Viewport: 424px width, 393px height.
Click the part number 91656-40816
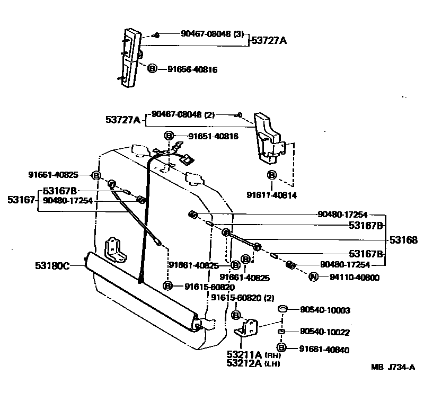point(192,69)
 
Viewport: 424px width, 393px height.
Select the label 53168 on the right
point(403,239)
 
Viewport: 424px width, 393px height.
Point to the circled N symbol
point(313,276)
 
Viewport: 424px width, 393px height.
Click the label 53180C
point(52,265)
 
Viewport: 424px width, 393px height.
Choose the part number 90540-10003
point(324,310)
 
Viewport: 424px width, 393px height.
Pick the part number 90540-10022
point(324,332)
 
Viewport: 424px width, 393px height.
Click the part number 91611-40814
point(272,195)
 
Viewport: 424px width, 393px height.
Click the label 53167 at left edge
point(21,200)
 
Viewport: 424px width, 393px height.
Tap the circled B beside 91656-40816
point(152,69)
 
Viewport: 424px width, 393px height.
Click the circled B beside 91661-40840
point(282,348)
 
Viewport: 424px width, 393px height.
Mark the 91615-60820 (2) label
point(243,298)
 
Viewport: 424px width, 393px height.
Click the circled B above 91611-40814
point(271,175)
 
